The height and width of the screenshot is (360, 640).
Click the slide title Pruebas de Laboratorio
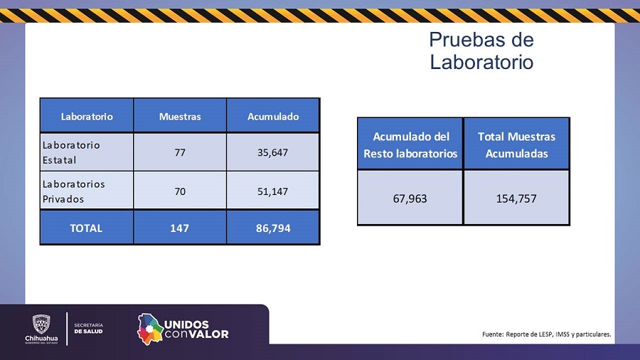tap(481, 51)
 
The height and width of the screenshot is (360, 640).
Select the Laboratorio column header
tap(87, 116)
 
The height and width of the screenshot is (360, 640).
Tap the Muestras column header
tap(180, 116)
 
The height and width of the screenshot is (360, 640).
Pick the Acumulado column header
tap(273, 116)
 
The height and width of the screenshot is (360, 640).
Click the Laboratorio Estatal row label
tap(71, 152)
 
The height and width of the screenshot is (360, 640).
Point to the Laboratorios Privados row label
tap(74, 191)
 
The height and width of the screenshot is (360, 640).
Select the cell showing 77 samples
tap(180, 152)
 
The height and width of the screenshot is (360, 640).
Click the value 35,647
tap(273, 152)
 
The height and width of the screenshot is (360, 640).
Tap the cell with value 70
tap(180, 191)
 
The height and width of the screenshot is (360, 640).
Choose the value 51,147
tap(273, 191)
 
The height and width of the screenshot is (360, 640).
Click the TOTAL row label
tap(86, 228)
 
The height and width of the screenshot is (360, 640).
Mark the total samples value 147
tap(180, 228)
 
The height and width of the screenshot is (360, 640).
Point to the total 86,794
tap(273, 228)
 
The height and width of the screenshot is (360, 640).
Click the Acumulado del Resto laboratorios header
tap(410, 144)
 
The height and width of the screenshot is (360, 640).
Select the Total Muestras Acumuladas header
tap(516, 144)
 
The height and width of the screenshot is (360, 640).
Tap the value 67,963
tap(410, 198)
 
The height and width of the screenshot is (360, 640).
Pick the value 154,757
tap(516, 198)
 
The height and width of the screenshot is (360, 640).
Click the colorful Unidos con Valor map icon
tap(149, 329)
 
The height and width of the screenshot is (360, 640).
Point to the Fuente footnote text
tap(546, 334)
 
